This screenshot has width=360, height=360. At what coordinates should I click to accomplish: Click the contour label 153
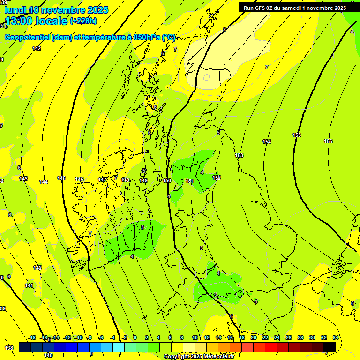(239, 155)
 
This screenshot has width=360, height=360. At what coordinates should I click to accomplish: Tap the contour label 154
(267, 142)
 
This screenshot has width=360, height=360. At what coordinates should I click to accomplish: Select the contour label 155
(297, 135)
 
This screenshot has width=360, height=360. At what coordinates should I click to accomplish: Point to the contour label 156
(328, 141)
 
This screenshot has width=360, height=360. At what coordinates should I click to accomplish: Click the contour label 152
(217, 178)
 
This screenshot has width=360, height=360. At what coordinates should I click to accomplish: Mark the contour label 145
(61, 178)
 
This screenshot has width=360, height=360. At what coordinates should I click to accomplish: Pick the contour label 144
(44, 182)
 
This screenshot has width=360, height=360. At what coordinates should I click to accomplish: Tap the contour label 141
(29, 285)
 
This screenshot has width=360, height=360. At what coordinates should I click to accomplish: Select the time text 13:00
(20, 21)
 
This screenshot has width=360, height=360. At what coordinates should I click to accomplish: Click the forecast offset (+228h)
(83, 21)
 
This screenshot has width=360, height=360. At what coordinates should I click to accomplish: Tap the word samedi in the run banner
(293, 8)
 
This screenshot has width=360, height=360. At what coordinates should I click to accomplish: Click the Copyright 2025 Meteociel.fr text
(199, 357)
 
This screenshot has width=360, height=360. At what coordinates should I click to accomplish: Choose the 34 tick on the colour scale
(336, 337)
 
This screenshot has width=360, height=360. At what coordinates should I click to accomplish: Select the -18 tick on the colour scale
(32, 337)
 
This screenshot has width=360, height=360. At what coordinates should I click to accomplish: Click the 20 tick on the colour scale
(254, 337)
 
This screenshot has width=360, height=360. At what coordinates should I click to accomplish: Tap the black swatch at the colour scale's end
(330, 347)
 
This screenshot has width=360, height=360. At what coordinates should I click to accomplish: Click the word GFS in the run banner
(261, 8)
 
